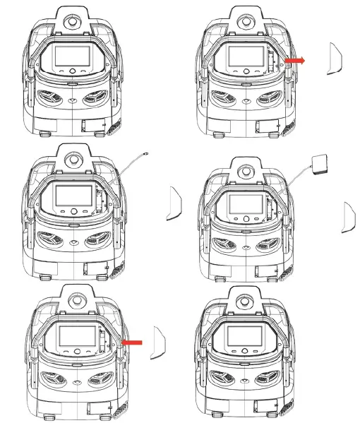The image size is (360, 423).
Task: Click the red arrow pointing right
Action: [x=296, y=61]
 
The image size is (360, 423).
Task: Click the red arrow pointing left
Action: [x=132, y=342]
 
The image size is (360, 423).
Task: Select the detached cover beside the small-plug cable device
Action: [x=173, y=204]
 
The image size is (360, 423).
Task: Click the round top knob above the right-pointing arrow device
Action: [x=245, y=20]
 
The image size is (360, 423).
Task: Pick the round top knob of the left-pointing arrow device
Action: [x=73, y=296]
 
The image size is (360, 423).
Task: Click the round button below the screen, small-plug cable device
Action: [x=73, y=210]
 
